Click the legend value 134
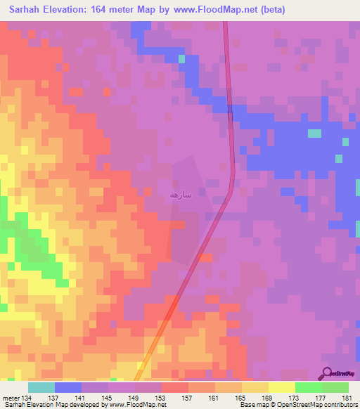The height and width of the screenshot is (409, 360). (27, 397)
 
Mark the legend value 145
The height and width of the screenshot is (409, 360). (108, 397)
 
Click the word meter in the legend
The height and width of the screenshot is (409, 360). (10, 397)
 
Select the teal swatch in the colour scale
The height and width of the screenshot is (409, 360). (41, 387)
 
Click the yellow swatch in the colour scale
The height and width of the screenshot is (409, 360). (281, 387)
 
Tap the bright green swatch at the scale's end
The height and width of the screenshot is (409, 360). (335, 387)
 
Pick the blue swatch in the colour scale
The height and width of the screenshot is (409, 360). (67, 387)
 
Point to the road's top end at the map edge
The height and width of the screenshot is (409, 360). (226, 23)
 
